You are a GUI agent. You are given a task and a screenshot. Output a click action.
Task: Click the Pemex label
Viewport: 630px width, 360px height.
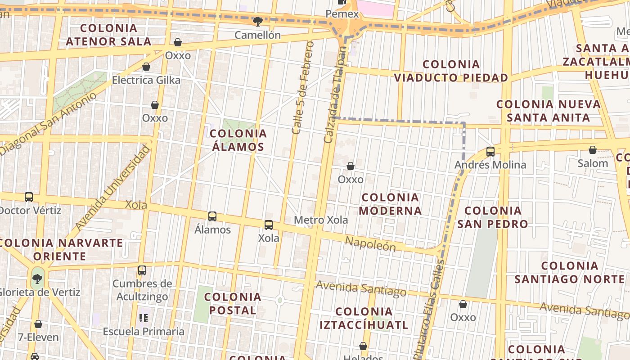[x=342, y=14]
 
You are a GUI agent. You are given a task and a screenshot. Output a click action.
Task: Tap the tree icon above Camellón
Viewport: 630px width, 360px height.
[x=258, y=21]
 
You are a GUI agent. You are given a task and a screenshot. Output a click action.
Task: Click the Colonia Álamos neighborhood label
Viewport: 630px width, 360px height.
[x=238, y=140]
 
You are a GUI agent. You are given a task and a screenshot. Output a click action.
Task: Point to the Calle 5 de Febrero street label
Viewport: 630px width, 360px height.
[x=302, y=88]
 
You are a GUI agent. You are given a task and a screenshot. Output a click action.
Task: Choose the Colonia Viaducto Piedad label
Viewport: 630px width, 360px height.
[x=451, y=71]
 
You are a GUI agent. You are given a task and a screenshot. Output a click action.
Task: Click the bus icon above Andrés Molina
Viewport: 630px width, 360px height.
[x=490, y=152]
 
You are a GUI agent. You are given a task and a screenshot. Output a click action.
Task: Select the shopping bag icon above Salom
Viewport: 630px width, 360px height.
[x=593, y=150]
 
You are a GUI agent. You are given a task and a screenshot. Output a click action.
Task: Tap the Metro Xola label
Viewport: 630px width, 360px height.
[x=321, y=220]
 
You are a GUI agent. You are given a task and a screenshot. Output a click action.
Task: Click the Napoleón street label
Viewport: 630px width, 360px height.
[x=370, y=244]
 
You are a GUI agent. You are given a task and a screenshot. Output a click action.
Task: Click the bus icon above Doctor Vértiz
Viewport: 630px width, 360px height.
[x=29, y=197]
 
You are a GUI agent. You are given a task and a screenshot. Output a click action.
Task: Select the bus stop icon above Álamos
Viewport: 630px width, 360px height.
[x=212, y=216]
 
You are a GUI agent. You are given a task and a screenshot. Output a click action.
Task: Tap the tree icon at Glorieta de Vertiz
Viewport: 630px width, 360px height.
[x=38, y=279]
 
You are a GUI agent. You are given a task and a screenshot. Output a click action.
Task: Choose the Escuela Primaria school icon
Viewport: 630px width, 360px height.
[x=144, y=318]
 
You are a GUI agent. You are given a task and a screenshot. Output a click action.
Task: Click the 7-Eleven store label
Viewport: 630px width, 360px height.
[x=38, y=337]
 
